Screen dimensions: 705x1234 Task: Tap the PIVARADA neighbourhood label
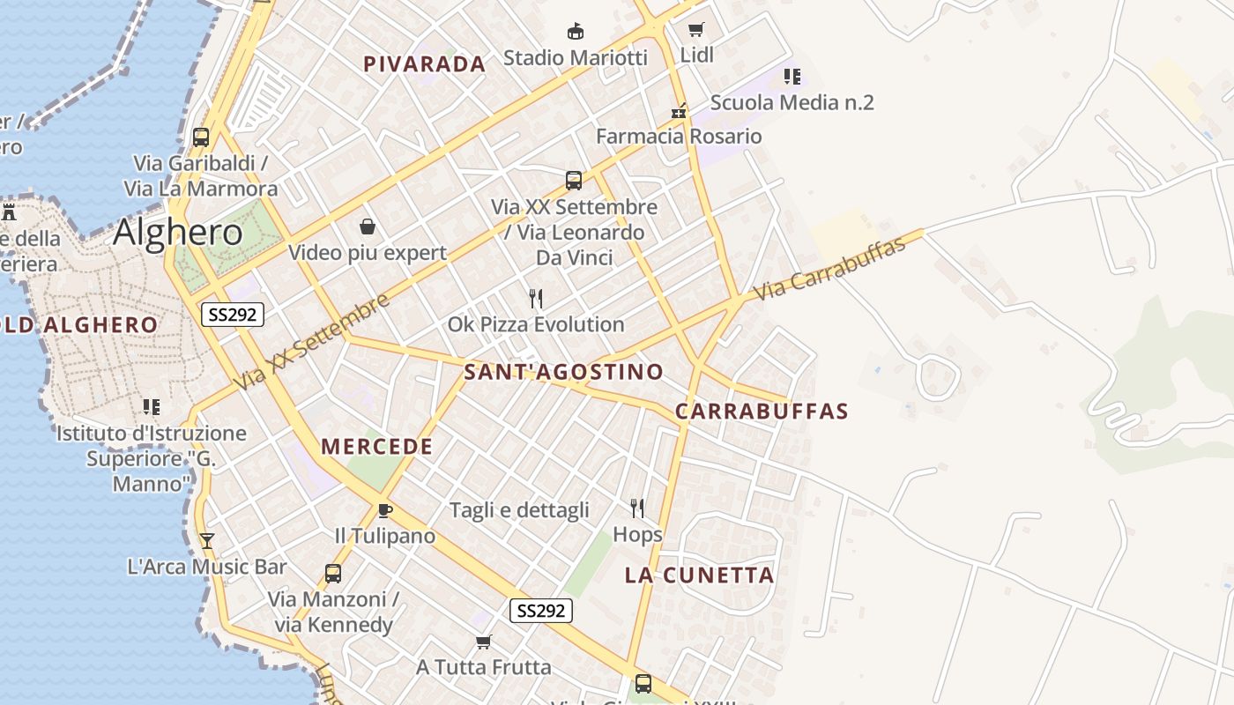click(424, 63)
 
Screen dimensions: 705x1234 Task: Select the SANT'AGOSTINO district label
click(563, 372)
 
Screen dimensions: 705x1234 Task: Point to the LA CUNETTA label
click(699, 575)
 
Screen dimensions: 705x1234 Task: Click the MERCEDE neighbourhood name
click(377, 447)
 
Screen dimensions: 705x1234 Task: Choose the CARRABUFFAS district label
click(762, 412)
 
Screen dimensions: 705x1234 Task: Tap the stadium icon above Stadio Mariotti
click(576, 32)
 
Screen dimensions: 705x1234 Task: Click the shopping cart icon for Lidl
click(696, 30)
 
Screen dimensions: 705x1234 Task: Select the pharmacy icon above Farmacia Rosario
click(679, 111)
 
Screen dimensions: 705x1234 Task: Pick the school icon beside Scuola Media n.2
click(792, 77)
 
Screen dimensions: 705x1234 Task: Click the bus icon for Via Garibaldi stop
click(201, 137)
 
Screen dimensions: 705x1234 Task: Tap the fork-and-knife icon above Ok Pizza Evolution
click(535, 299)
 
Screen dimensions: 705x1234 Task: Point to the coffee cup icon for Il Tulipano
click(384, 510)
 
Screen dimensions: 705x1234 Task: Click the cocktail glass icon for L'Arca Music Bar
click(207, 540)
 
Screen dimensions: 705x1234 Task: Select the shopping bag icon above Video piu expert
click(368, 227)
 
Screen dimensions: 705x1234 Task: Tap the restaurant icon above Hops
click(637, 508)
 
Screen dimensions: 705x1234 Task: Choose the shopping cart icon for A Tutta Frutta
click(483, 641)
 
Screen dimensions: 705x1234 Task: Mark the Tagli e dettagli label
click(519, 510)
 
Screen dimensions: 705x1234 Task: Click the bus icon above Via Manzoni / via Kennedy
click(332, 573)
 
